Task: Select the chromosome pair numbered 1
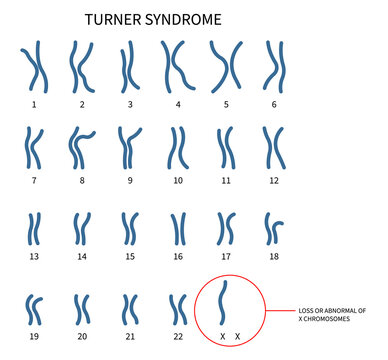34,67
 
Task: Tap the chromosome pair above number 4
178,67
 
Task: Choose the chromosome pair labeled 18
273,228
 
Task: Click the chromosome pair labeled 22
178,310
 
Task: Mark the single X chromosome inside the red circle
224,300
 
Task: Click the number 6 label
273,103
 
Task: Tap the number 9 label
130,181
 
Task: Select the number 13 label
34,257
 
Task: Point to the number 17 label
226,257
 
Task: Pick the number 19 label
34,338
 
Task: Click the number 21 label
130,338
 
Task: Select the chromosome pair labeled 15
130,228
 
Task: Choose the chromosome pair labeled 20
82,310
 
